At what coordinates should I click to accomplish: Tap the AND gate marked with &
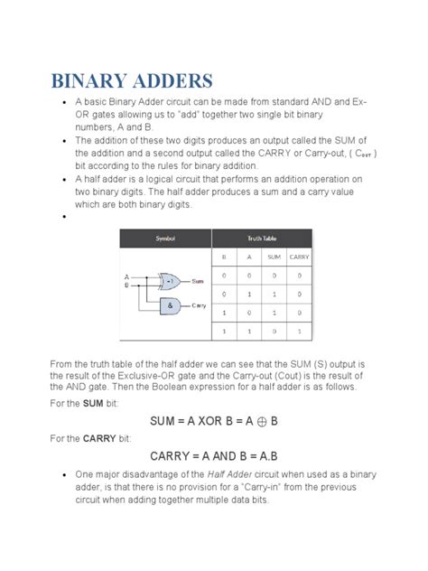[x=169, y=306]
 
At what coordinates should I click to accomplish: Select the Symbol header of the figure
[x=165, y=238]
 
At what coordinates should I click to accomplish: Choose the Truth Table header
[x=262, y=238]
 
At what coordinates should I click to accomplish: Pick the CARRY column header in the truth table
[x=299, y=257]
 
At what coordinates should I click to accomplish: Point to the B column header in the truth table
[x=224, y=257]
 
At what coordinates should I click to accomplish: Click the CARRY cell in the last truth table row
[x=299, y=331]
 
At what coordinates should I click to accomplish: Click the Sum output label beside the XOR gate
[x=198, y=281]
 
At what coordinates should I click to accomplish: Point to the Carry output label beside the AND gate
[x=200, y=306]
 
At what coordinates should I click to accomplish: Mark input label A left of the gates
[x=127, y=276]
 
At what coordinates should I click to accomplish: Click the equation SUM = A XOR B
[x=213, y=420]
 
